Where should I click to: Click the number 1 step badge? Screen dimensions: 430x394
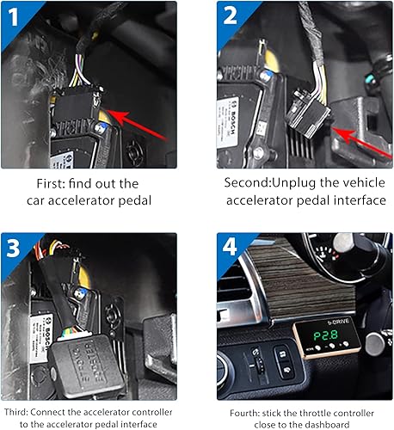point(15,15)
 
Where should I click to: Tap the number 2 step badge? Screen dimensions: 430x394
point(229,15)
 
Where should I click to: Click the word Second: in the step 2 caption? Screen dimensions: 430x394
point(249,182)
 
